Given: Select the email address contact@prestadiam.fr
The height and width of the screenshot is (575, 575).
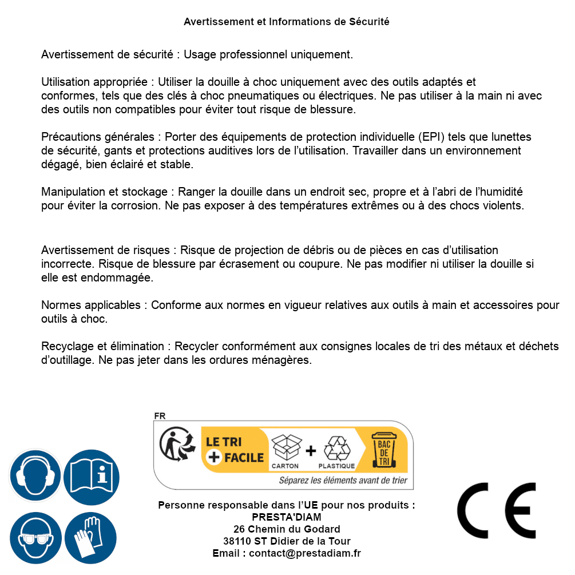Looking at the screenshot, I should (305, 553).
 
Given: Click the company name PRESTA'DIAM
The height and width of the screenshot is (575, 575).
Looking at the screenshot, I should (287, 517).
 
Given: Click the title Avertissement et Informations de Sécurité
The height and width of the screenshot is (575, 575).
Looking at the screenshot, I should (287, 22).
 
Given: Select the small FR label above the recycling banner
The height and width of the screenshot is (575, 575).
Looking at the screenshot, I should (159, 416).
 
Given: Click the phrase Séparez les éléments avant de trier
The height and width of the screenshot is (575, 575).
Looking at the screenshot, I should (343, 481).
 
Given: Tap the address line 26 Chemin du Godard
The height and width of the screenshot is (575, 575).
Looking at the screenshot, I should (287, 529).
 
